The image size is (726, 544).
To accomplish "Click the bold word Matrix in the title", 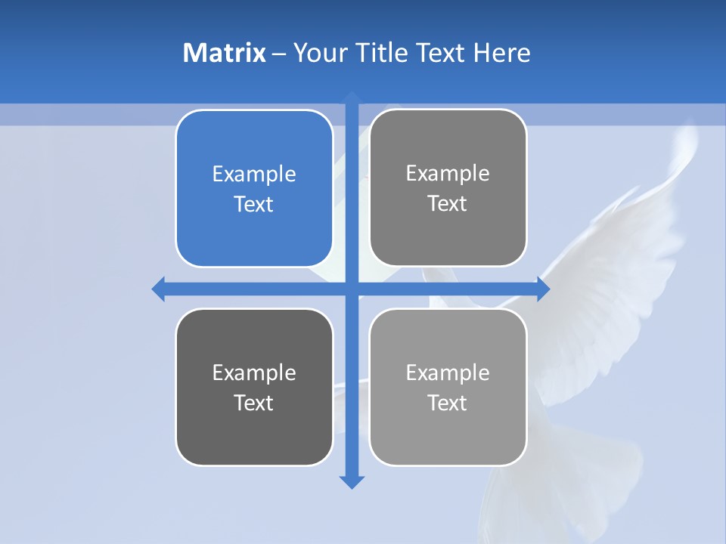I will (x=225, y=53).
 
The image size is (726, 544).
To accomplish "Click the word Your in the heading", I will (x=320, y=53).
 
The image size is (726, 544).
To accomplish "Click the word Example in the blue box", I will (x=254, y=174).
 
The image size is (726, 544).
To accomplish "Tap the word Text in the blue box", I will (x=254, y=204).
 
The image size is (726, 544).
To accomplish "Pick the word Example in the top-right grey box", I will (x=448, y=173).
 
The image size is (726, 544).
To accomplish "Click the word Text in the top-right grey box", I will (x=448, y=203).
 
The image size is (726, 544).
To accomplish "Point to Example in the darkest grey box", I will (x=254, y=372).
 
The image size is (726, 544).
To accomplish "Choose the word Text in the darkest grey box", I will (x=254, y=403).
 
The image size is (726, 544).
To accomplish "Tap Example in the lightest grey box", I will (x=448, y=372).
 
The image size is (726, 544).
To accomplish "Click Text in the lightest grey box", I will (x=448, y=403).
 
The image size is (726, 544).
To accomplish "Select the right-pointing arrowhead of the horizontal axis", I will (x=543, y=289).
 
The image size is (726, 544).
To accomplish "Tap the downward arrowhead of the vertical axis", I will (x=352, y=481).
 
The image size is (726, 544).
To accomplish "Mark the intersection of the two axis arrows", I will (x=352, y=289).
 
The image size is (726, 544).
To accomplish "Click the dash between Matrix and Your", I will (x=279, y=54).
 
